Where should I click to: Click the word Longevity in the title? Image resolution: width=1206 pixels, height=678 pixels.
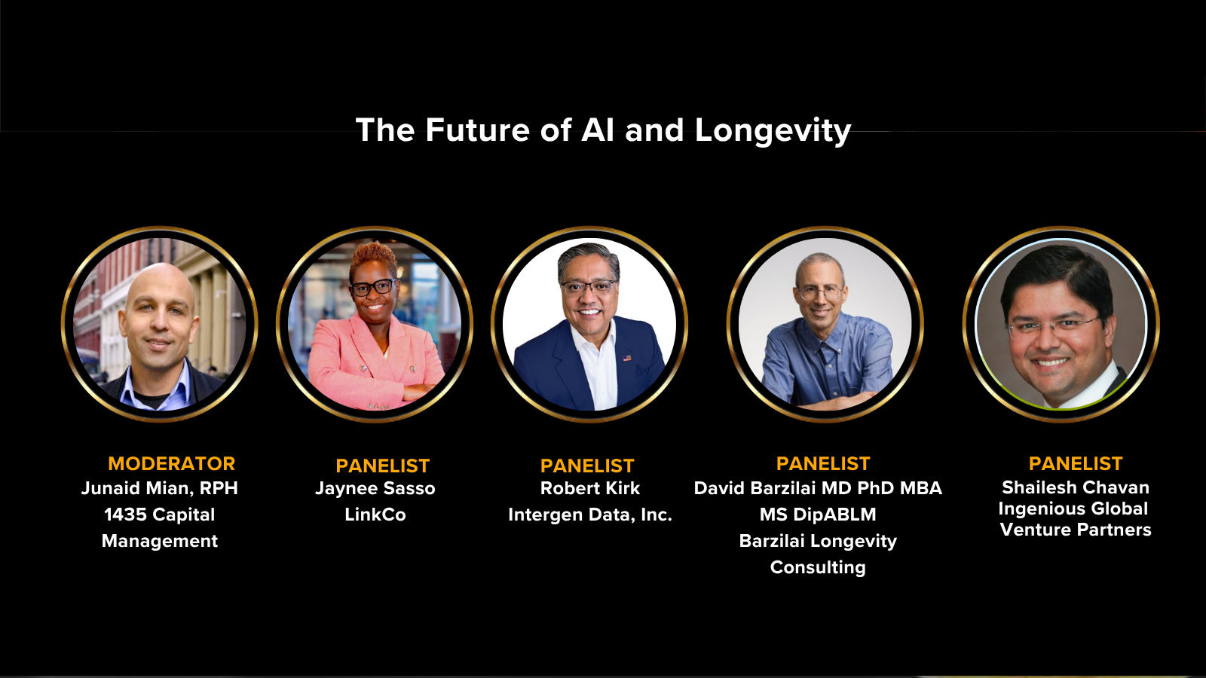(x=773, y=131)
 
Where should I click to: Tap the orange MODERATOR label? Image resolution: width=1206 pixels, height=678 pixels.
(x=171, y=464)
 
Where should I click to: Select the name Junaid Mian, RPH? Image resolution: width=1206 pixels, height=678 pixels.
(x=159, y=488)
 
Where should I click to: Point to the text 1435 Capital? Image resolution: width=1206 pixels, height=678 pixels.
(x=159, y=515)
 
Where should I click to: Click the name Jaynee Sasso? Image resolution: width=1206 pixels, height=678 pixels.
(x=375, y=489)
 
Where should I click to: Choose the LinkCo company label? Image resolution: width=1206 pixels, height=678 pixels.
(x=375, y=515)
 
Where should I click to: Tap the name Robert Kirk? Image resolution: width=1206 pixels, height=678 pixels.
(x=589, y=488)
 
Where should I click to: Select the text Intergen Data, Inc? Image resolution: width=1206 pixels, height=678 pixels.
(x=590, y=515)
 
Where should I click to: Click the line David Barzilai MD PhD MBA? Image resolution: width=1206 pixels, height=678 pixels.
(x=818, y=488)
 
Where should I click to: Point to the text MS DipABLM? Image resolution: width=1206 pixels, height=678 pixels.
(x=818, y=515)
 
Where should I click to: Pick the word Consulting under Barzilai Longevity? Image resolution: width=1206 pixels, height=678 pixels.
(x=818, y=567)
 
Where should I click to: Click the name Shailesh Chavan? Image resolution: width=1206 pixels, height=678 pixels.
(x=1075, y=487)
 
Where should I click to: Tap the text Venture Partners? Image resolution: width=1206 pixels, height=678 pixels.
(x=1075, y=530)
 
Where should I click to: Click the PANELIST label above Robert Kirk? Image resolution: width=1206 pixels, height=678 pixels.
(x=587, y=466)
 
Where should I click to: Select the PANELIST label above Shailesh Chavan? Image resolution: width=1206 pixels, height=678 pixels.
(x=1075, y=463)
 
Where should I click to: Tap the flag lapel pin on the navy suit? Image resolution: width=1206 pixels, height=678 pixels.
(x=626, y=358)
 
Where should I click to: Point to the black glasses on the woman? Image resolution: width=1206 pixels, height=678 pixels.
(x=372, y=287)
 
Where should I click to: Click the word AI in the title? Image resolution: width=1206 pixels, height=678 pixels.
(x=598, y=130)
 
